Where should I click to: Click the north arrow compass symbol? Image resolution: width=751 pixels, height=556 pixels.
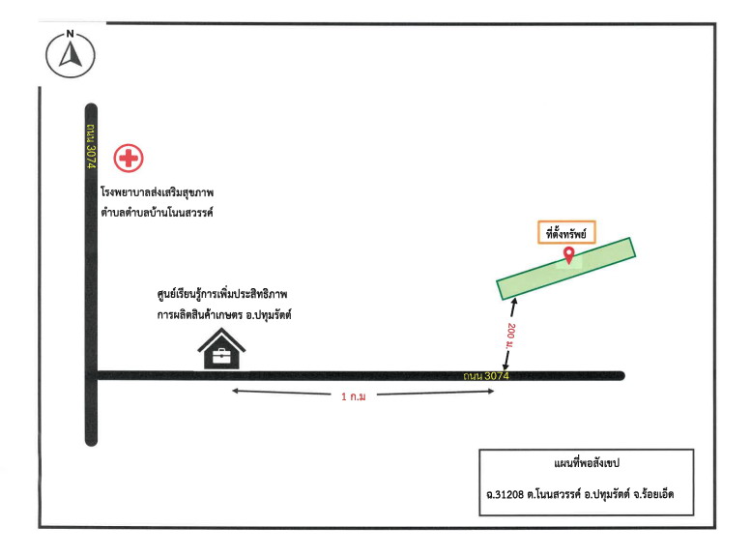click(71, 55)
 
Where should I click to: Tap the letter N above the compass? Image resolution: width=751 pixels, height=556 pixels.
click(71, 34)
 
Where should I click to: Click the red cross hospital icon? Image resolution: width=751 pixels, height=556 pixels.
click(129, 158)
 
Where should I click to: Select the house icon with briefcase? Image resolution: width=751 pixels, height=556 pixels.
click(221, 348)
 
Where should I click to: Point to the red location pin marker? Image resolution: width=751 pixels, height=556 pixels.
click(568, 255)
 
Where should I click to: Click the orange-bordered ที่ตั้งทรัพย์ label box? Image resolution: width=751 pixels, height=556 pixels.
click(566, 232)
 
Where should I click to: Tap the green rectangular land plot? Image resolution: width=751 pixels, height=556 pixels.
click(565, 269)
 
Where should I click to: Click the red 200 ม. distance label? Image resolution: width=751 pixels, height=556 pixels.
click(510, 336)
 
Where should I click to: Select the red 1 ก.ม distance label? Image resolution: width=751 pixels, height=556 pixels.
click(354, 396)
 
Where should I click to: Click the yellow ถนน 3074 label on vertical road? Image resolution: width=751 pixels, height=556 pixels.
click(91, 147)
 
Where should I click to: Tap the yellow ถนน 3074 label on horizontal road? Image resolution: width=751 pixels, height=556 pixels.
click(485, 376)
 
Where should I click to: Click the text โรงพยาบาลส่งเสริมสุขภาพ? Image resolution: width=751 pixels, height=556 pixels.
click(158, 192)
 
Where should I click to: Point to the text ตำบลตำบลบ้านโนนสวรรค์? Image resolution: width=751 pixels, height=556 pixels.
click(157, 212)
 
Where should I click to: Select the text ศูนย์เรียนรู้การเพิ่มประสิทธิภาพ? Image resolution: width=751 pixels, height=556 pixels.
click(222, 294)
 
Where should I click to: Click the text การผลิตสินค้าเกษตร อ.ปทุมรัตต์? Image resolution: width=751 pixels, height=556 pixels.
click(224, 315)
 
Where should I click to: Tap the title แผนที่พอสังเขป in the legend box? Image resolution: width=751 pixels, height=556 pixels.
click(587, 463)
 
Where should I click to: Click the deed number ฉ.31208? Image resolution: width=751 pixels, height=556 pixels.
click(505, 494)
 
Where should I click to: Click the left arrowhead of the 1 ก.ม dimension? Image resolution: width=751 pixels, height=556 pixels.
click(235, 391)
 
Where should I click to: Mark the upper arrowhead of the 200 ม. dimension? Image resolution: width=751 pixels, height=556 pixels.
click(515, 302)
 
